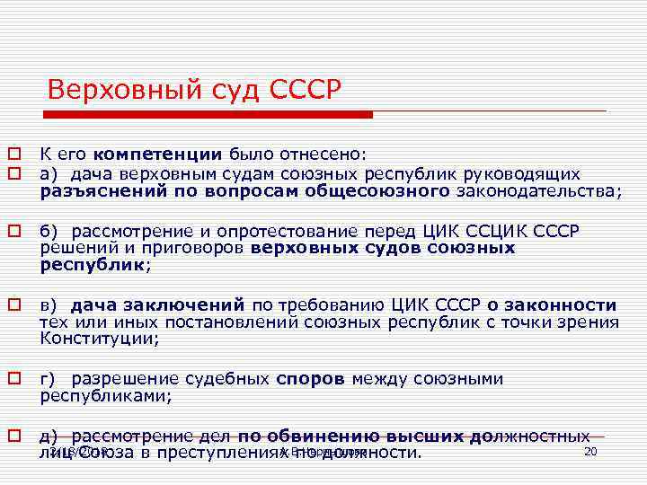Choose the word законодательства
click(537, 190)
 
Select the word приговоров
click(197, 248)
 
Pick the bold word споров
click(311, 379)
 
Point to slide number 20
click(590, 451)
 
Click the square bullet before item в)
click(14, 306)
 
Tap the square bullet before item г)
click(14, 380)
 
